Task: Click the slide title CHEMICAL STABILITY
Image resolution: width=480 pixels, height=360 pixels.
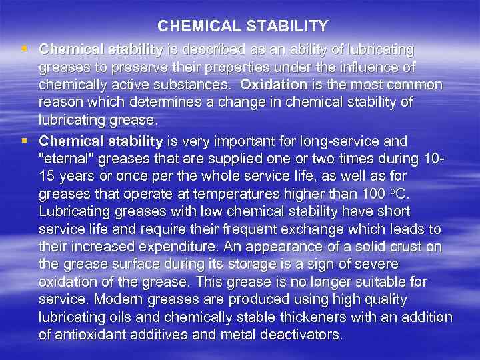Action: [x=243, y=27]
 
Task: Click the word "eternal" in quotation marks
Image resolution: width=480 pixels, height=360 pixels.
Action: [x=65, y=159]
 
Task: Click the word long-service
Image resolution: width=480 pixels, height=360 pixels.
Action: [x=351, y=141]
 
